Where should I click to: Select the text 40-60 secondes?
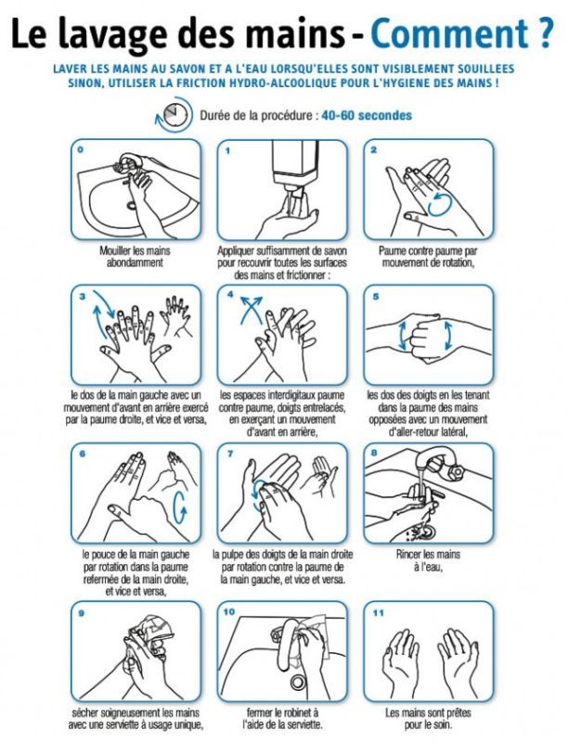[x=367, y=115]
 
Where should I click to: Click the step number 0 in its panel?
[x=80, y=149]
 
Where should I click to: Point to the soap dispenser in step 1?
[x=295, y=169]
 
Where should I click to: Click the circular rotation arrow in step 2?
[x=439, y=204]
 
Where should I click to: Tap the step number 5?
[x=376, y=297]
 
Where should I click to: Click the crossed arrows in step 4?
[x=251, y=310]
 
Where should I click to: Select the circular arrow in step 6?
[x=179, y=507]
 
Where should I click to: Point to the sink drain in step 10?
[x=298, y=683]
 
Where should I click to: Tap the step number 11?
[x=378, y=613]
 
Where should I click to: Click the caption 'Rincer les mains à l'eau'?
[x=428, y=560]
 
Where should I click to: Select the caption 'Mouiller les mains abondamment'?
[x=135, y=256]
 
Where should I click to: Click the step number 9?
[x=81, y=613]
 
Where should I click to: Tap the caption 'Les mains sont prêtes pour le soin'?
[x=428, y=718]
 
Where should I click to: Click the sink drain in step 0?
[x=132, y=205]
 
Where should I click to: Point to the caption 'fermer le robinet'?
[x=282, y=712]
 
